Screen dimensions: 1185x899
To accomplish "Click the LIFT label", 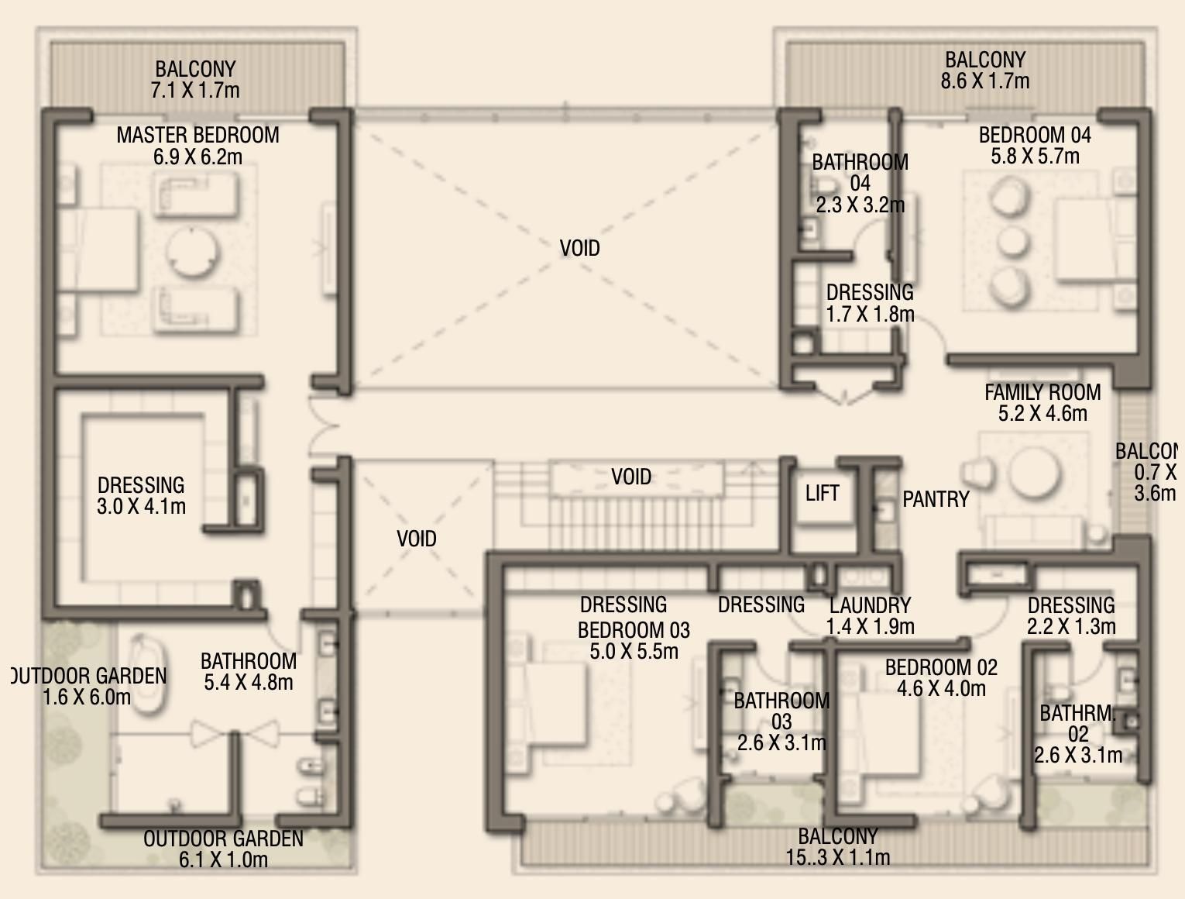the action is pyautogui.click(x=822, y=493).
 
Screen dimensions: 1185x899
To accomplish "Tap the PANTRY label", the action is pyautogui.click(x=936, y=499).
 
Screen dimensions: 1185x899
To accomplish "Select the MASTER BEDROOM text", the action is pyautogui.click(x=197, y=135).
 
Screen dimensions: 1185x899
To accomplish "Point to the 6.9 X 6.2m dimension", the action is pyautogui.click(x=197, y=157).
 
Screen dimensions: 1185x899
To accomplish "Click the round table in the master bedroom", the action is pyautogui.click(x=193, y=252).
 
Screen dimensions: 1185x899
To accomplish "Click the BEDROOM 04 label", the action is pyautogui.click(x=1035, y=135).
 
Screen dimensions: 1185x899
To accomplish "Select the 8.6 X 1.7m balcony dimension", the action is pyautogui.click(x=984, y=81).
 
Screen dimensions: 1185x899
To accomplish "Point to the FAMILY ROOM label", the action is pyautogui.click(x=1042, y=392).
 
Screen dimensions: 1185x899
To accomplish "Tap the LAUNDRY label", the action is pyautogui.click(x=870, y=605).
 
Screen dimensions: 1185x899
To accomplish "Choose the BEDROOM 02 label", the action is pyautogui.click(x=941, y=667).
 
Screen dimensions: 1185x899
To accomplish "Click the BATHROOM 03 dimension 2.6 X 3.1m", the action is pyautogui.click(x=781, y=743).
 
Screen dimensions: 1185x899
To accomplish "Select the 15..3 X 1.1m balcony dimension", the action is pyautogui.click(x=837, y=857).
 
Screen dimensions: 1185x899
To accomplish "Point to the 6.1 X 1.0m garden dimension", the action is pyautogui.click(x=223, y=859).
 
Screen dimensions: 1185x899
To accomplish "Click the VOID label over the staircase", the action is pyautogui.click(x=631, y=477).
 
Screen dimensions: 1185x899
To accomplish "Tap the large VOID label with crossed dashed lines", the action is pyautogui.click(x=579, y=248).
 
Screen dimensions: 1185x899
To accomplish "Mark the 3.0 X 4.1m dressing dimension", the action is pyautogui.click(x=141, y=507).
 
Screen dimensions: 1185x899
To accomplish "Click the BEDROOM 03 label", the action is pyautogui.click(x=634, y=630).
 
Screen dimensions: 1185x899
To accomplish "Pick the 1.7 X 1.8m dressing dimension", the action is pyautogui.click(x=870, y=314).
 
